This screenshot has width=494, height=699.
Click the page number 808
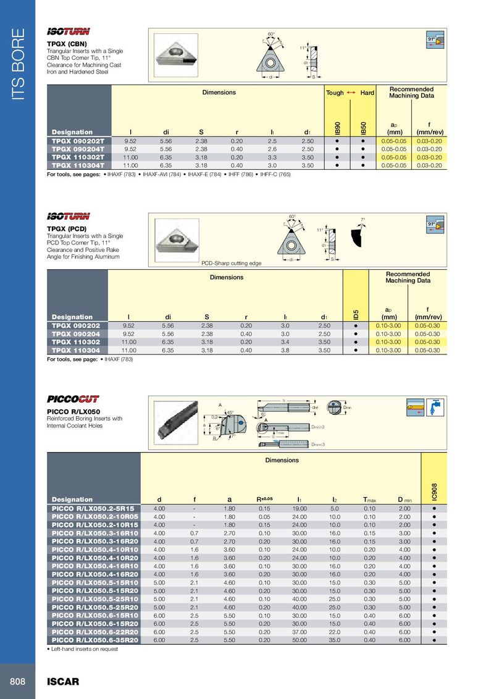click(17, 681)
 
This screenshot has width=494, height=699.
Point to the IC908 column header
click(435, 490)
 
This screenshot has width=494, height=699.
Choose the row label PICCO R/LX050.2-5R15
click(93, 508)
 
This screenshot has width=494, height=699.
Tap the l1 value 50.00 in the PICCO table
click(299, 640)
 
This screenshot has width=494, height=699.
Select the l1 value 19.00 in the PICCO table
click(299, 508)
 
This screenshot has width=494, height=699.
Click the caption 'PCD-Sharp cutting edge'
click(232, 263)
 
